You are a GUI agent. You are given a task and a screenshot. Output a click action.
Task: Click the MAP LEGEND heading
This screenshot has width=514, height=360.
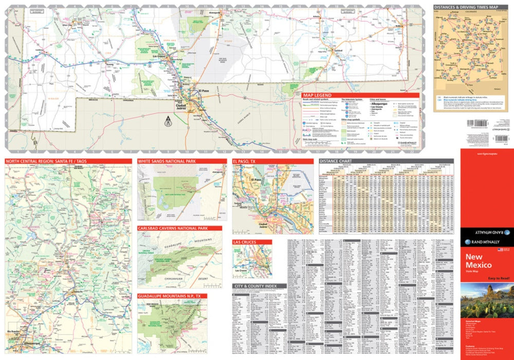317,95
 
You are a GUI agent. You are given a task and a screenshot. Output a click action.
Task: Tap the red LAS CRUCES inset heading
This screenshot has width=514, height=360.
245,242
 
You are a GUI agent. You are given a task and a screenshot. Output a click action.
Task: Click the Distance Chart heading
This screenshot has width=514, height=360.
335,161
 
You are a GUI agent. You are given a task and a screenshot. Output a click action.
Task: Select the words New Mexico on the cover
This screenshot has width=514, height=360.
479,261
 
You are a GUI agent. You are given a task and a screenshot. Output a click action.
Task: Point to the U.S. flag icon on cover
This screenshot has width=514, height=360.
499,249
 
